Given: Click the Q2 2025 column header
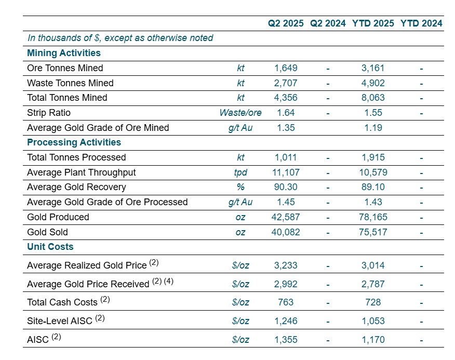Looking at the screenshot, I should [286, 23].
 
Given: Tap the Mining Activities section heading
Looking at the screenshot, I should [63, 53].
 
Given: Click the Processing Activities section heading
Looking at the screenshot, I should [74, 142].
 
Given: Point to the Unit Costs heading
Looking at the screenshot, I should [50, 247].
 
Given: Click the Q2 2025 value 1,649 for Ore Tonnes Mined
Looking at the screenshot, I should [286, 68].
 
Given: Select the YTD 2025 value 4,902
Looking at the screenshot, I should [373, 83].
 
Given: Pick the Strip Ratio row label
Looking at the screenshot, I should [49, 113].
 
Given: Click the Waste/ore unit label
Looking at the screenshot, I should [240, 113].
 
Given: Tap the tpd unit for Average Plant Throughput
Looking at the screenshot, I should [240, 172].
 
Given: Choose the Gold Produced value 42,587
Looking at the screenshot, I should [286, 217].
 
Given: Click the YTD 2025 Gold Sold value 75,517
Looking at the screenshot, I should [373, 232].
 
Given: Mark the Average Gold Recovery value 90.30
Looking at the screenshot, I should [286, 187].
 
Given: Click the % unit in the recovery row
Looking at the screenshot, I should [240, 187].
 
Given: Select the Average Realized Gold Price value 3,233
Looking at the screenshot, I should [286, 265].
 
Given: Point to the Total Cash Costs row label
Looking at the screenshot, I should [62, 302].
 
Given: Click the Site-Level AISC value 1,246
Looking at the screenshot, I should [286, 321].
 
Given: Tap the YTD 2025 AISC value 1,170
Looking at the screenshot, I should [373, 340].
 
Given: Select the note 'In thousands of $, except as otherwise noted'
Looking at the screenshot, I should [120, 38].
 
